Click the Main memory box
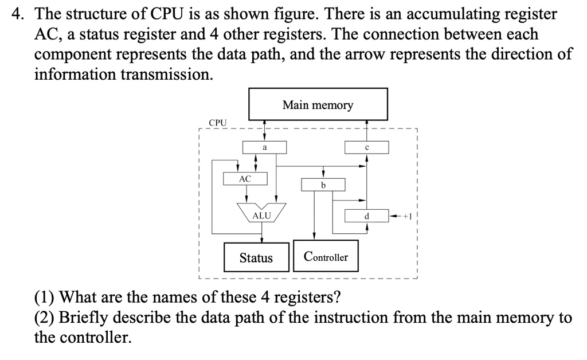click(318, 104)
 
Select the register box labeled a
click(264, 147)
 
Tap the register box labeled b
click(323, 185)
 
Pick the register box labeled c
click(366, 147)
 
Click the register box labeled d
click(366, 216)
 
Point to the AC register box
click(245, 178)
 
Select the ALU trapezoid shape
click(261, 213)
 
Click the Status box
click(256, 257)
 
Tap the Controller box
click(326, 257)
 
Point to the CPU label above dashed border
click(218, 123)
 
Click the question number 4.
click(17, 14)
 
